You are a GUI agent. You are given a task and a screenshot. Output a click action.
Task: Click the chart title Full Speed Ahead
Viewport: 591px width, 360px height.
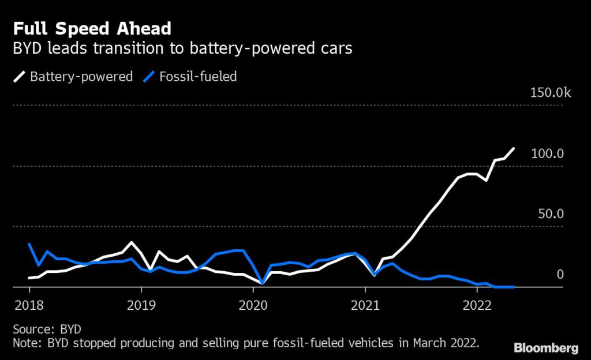[92, 28]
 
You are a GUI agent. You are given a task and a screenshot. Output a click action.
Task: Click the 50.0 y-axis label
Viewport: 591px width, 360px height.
[551, 214]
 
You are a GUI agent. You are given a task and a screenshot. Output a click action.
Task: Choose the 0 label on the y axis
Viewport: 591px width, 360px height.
[559, 274]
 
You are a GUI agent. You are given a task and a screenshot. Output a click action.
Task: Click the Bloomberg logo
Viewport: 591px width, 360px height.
[546, 348]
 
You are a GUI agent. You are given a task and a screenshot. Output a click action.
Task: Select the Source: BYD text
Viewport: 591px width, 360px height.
[47, 329]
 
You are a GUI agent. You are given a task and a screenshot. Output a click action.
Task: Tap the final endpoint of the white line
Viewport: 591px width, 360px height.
[514, 149]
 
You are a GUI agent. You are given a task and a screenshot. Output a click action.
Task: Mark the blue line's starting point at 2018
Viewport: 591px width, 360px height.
[29, 244]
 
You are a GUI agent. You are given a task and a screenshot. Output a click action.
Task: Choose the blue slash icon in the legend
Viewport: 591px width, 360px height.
[149, 76]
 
